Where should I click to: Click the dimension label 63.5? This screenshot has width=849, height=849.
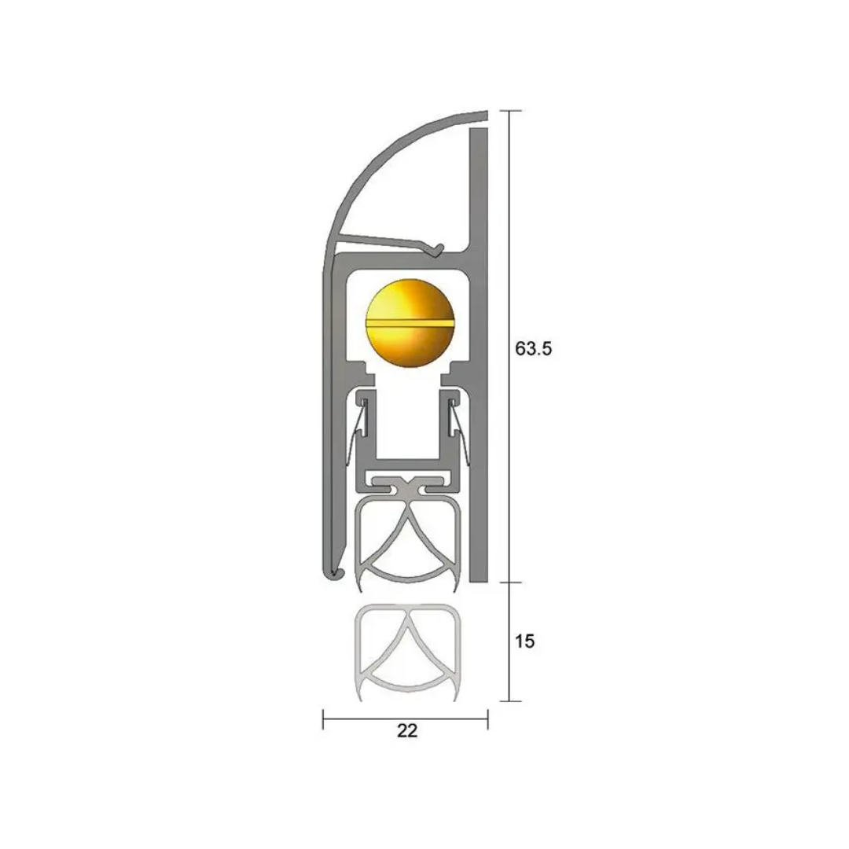tap(534, 348)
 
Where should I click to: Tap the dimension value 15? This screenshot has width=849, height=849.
tap(525, 641)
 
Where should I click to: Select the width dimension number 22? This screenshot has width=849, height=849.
tap(407, 731)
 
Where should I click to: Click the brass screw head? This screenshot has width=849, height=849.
tap(410, 322)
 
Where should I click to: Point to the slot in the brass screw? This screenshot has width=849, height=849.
tap(410, 322)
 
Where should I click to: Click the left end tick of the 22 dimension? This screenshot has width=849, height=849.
tap(323, 719)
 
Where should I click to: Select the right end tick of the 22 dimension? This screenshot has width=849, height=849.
tap(487, 719)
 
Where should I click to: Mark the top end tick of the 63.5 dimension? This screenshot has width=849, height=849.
tap(510, 111)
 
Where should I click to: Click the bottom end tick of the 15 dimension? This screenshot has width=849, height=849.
tap(510, 701)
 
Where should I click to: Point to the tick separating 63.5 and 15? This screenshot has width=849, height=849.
tap(510, 583)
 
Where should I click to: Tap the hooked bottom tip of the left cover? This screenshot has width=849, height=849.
tap(335, 575)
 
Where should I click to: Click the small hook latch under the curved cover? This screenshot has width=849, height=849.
tap(437, 249)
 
